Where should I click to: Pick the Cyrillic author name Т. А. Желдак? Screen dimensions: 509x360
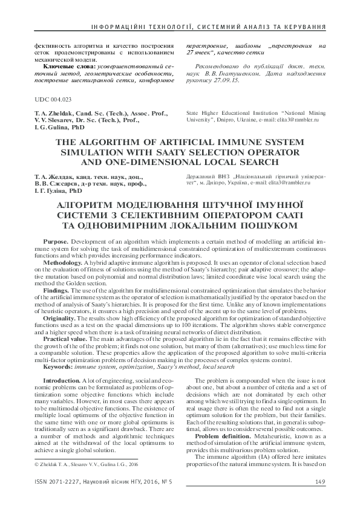pyautogui.click(x=56, y=176)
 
